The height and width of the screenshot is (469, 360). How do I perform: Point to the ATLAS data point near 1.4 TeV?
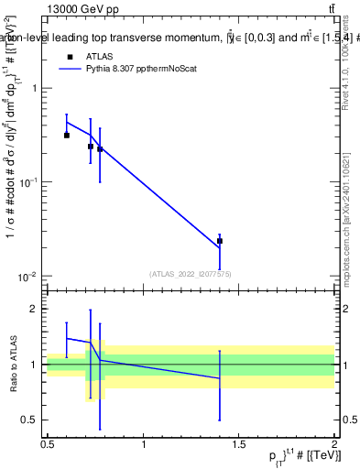pos(219,241)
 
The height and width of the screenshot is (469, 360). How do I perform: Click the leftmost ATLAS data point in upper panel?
pos(67,135)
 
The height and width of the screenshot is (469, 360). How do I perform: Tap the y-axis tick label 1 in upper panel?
pos(34,89)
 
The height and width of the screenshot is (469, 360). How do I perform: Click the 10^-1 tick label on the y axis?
pos(29,182)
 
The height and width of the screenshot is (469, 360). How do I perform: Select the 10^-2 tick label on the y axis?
pos(29,277)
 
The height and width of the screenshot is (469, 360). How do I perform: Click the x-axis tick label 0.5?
pos(48,444)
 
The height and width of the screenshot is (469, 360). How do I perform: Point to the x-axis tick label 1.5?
pos(239,444)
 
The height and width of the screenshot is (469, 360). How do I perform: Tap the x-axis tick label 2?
pos(334,444)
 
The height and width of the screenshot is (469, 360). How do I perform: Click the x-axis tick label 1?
pos(144,444)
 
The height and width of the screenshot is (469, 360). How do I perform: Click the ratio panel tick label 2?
pos(34,310)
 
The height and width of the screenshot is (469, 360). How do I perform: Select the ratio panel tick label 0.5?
pos(30,420)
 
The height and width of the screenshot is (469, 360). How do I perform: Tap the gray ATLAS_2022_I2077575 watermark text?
pos(191,273)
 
